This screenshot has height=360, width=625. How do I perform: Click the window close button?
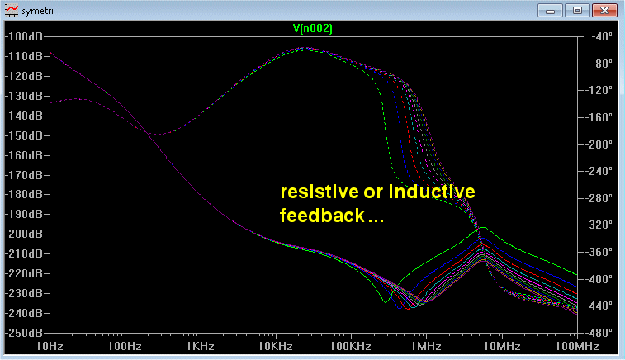point(604,11)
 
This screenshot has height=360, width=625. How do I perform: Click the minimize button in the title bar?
point(550,11)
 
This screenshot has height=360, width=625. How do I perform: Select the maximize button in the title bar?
point(577,11)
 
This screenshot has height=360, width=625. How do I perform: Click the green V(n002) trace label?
point(312,29)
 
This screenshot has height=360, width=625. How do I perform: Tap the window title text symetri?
point(37,11)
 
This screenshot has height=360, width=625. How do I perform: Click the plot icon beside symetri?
point(12,11)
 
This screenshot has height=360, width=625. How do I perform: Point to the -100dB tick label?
point(24,36)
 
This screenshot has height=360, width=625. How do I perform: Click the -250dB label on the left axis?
point(24,333)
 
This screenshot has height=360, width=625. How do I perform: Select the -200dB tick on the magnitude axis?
point(24,234)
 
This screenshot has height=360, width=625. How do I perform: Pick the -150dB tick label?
point(24,135)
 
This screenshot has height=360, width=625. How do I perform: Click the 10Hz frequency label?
point(50,346)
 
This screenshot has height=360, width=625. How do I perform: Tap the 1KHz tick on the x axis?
point(200,346)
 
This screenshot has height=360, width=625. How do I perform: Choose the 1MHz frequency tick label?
point(426,346)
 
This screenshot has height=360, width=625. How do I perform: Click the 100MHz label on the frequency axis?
point(577,346)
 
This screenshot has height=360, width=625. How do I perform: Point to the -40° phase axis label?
point(602,36)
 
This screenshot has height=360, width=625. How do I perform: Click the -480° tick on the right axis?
point(599,333)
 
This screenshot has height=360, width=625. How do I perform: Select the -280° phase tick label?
point(599,198)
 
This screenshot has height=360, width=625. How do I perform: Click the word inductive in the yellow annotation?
point(432,192)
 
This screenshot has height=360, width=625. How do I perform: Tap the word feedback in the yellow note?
point(322,216)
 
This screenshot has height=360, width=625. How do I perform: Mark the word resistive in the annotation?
point(320,192)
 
